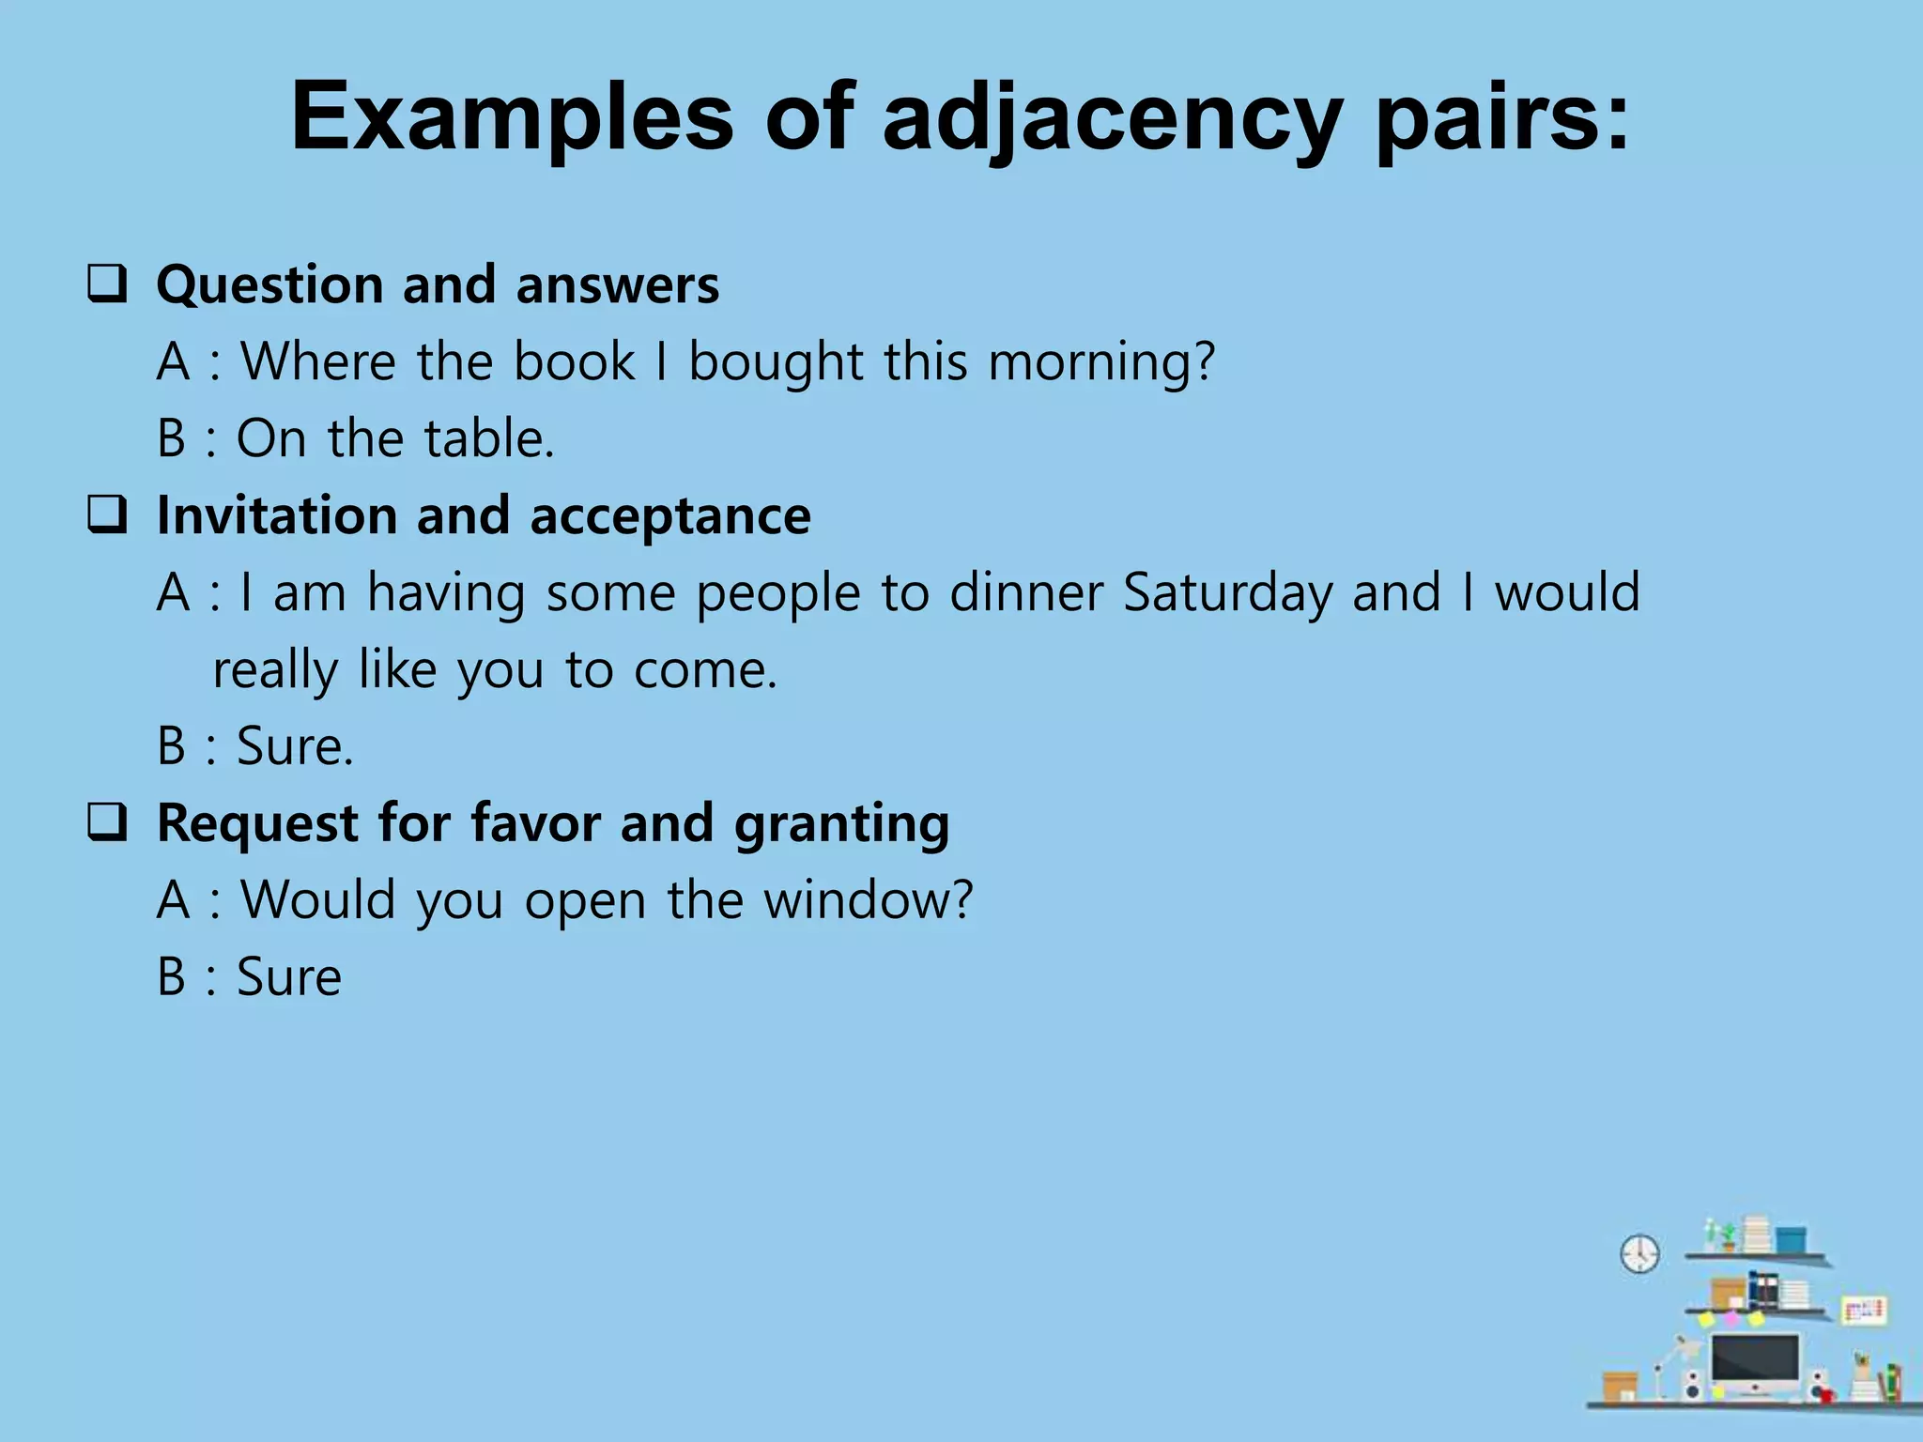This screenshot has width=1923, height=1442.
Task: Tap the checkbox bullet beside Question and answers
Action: click(107, 284)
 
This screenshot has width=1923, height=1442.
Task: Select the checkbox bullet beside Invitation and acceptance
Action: click(107, 515)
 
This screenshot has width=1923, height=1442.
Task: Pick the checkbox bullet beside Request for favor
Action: click(107, 822)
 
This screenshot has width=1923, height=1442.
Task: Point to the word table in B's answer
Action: click(488, 438)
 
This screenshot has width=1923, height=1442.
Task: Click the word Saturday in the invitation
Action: click(1227, 593)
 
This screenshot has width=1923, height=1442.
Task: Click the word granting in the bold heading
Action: click(841, 824)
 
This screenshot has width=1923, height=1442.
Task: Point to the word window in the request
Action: click(868, 900)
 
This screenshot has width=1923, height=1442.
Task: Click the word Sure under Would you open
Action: click(289, 977)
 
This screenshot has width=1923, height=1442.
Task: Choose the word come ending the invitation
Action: click(705, 670)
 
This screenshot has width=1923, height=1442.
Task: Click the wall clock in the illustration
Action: click(1639, 1253)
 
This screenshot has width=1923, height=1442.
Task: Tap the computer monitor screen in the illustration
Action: click(1754, 1358)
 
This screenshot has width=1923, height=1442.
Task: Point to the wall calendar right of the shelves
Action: click(1863, 1310)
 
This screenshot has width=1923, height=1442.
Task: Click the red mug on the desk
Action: click(1893, 1381)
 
